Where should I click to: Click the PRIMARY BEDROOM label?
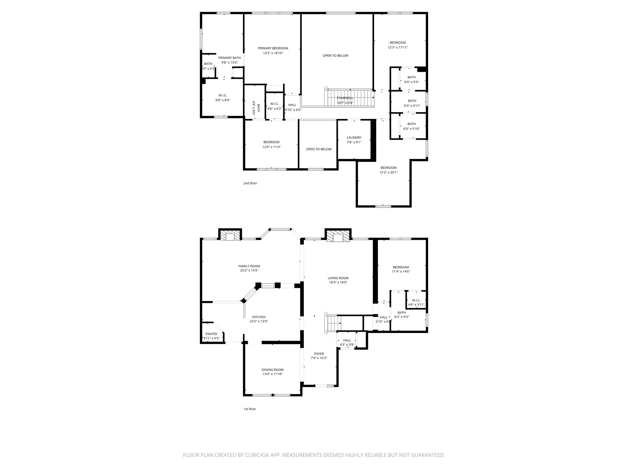tap(273, 48)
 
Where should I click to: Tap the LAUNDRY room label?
tap(354, 137)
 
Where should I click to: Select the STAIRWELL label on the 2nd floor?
tap(345, 98)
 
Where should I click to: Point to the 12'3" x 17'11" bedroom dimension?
tap(398, 48)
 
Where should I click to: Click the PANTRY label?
tap(211, 334)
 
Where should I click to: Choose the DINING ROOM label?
tap(272, 370)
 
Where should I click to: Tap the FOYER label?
tap(319, 354)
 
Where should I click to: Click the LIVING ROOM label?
tap(338, 278)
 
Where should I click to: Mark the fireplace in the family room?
tap(230, 236)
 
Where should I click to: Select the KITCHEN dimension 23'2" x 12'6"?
tap(259, 321)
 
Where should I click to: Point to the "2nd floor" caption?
tap(250, 183)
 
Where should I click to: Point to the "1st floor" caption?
tap(250, 409)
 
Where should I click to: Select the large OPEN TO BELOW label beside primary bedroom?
tap(335, 56)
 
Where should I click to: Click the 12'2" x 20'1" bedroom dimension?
tap(388, 172)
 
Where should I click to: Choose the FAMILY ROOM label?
tap(249, 266)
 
